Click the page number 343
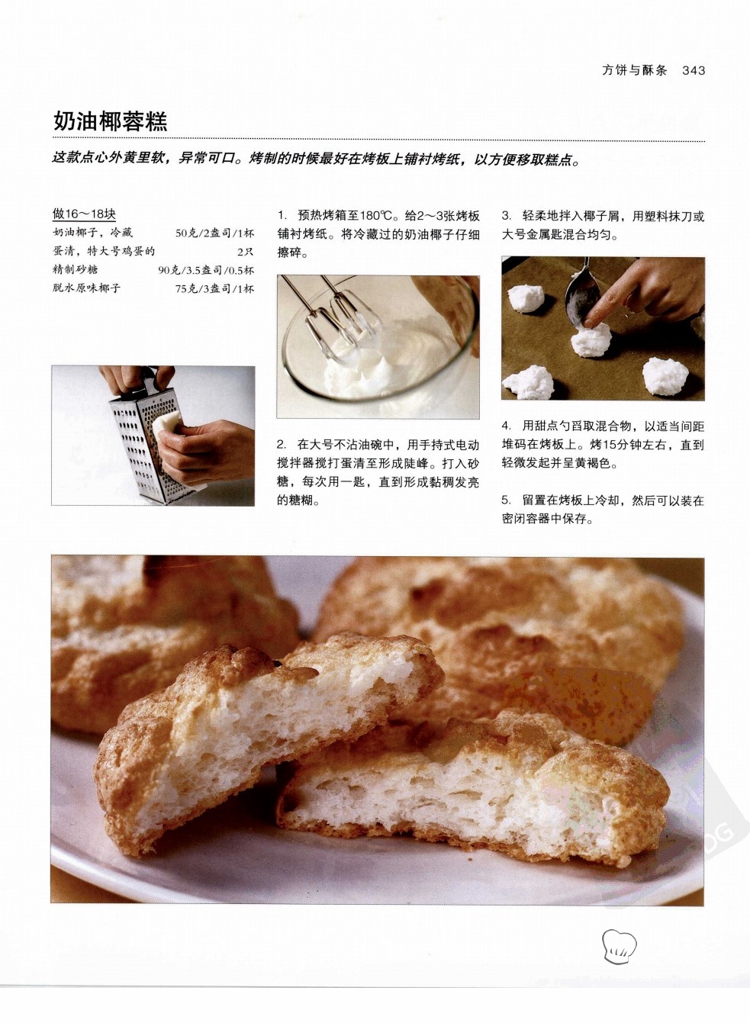click(694, 70)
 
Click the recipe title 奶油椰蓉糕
click(111, 121)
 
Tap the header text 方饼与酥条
click(635, 70)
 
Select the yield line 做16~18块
click(84, 214)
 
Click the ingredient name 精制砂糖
click(76, 269)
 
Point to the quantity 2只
click(245, 252)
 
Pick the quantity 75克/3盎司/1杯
click(214, 288)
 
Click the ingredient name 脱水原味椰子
click(87, 288)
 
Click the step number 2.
click(282, 444)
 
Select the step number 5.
click(506, 501)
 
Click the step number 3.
click(506, 216)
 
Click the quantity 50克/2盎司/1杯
click(214, 233)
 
